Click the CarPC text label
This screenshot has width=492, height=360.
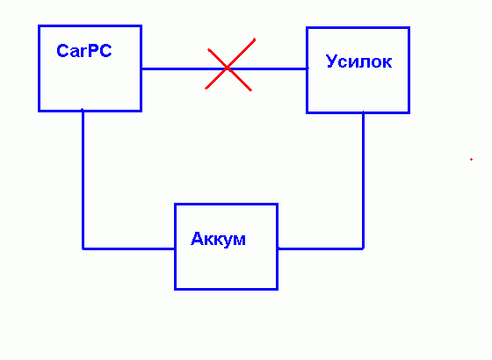click(x=84, y=51)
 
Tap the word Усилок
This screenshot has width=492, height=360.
click(x=358, y=61)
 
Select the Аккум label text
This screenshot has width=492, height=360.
click(x=218, y=239)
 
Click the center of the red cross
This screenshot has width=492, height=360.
click(x=228, y=68)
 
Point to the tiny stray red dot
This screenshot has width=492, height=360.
click(x=471, y=159)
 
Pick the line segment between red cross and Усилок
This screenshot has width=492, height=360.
click(x=268, y=68)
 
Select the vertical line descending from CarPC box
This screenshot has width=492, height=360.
click(x=83, y=180)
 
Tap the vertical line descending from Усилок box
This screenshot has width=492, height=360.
click(x=364, y=181)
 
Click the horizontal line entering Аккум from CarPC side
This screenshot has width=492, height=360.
click(x=128, y=248)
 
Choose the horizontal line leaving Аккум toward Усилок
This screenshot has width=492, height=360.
click(x=321, y=248)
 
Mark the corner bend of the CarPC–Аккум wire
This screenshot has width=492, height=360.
click(x=83, y=248)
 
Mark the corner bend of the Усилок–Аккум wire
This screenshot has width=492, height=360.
click(x=364, y=248)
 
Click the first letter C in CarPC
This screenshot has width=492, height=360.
click(x=62, y=51)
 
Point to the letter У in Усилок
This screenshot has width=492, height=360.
click(x=332, y=61)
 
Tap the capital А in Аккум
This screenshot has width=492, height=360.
click(x=197, y=239)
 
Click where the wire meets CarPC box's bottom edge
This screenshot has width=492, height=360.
click(x=83, y=111)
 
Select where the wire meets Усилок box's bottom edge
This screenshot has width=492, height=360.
click(x=364, y=112)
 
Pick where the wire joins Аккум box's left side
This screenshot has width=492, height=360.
click(x=175, y=248)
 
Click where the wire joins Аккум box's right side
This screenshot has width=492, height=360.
click(x=278, y=248)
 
